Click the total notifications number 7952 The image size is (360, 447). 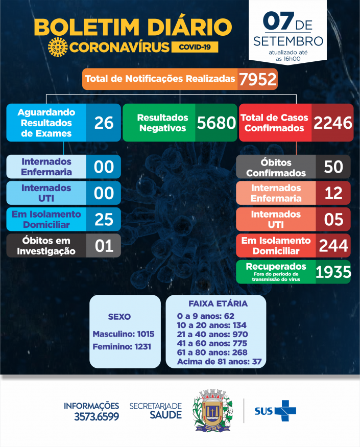click(257, 79)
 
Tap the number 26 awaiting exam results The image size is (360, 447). click(104, 123)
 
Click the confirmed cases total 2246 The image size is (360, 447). click(332, 123)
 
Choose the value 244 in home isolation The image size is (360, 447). click(333, 246)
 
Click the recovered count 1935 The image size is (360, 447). click(333, 272)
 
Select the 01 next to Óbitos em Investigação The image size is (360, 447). click(104, 246)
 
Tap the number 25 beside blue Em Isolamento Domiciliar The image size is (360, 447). click(104, 219)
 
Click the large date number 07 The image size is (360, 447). click(278, 21)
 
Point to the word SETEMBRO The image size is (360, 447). click(288, 41)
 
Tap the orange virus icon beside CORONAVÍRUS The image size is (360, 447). click(57, 48)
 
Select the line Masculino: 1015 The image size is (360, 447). click(123, 334)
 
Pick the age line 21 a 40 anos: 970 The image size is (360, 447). click(212, 334)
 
